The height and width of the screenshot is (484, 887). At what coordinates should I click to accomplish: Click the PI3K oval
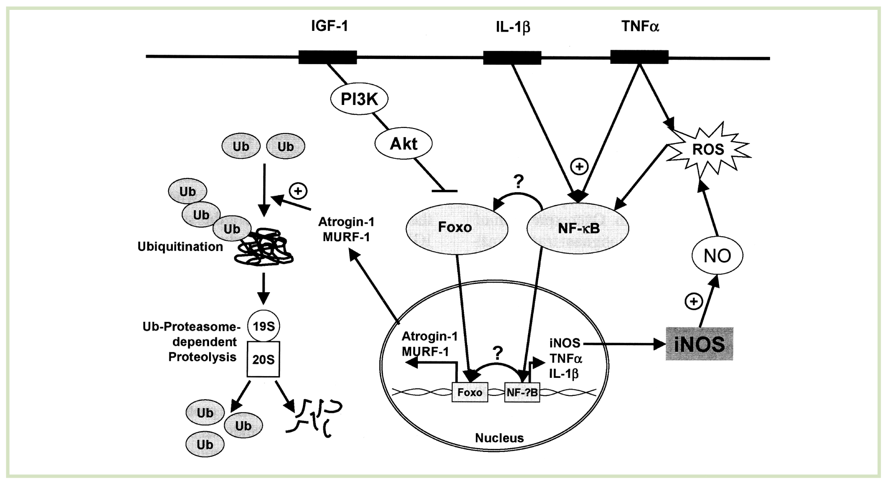(359, 99)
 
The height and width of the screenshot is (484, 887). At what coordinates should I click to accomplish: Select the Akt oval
(403, 144)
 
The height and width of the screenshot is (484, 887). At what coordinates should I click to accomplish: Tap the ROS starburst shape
(708, 149)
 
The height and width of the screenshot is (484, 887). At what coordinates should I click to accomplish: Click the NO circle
(717, 256)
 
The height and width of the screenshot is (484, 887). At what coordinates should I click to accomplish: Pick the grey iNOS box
(699, 344)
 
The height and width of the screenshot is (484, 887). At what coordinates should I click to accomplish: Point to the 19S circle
(263, 326)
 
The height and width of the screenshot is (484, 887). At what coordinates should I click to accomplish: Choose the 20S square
(263, 359)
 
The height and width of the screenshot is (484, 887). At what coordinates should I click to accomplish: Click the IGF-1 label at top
(329, 26)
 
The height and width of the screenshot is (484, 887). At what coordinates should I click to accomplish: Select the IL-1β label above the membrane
(512, 27)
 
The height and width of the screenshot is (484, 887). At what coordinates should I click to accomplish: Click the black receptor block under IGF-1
(328, 57)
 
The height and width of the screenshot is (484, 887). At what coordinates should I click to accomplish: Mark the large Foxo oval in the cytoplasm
(456, 228)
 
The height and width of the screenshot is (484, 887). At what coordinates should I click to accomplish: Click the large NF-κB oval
(578, 228)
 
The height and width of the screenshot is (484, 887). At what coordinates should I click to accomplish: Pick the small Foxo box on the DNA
(470, 392)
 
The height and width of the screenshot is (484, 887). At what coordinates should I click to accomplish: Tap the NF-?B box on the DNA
(522, 392)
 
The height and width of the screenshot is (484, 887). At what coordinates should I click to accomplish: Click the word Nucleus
(499, 438)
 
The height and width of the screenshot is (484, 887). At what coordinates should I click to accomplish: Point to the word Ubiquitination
(180, 247)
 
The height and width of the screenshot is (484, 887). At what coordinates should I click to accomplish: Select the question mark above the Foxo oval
(519, 181)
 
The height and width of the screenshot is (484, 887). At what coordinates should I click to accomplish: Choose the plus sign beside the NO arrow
(694, 302)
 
